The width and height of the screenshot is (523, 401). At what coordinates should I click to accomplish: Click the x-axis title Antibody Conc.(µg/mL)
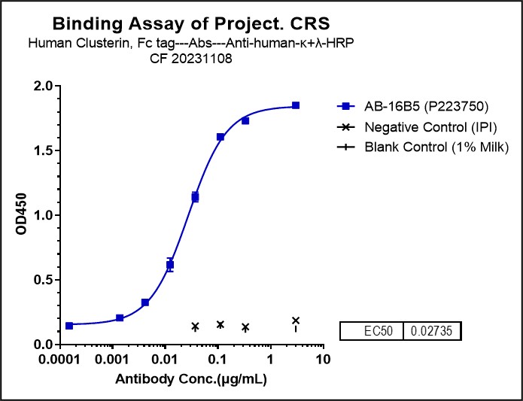(x=191, y=380)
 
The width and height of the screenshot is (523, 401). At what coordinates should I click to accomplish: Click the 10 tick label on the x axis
(x=323, y=359)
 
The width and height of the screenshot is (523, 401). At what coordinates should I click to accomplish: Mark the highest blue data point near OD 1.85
(x=296, y=105)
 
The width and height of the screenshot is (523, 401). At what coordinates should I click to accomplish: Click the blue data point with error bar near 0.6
(x=170, y=265)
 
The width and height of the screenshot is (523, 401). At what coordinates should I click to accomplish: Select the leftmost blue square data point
(x=69, y=326)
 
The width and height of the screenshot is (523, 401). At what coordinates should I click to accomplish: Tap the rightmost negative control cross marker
(x=296, y=320)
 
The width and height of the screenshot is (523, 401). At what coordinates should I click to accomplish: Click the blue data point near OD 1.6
(x=220, y=137)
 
